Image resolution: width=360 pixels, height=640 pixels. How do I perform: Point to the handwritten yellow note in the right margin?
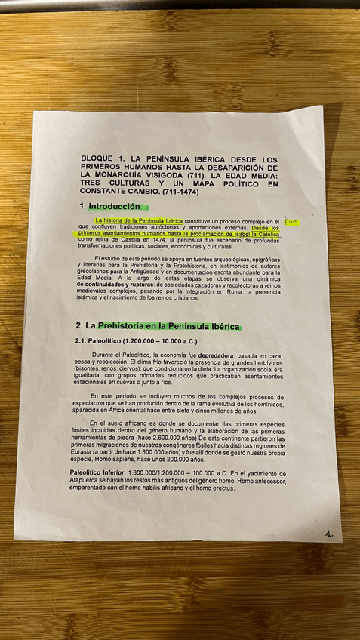point(291,222)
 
